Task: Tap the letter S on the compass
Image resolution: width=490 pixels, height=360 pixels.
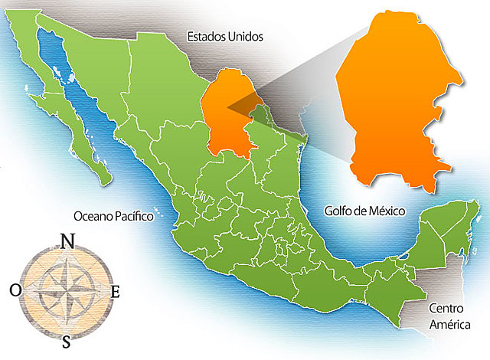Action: click(x=67, y=339)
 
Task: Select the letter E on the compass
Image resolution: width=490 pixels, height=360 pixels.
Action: click(x=116, y=291)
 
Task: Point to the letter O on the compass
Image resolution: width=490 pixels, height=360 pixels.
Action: click(x=15, y=290)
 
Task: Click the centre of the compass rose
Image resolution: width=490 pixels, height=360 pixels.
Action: click(x=66, y=290)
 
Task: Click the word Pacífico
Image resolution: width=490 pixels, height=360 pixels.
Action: click(x=136, y=216)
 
